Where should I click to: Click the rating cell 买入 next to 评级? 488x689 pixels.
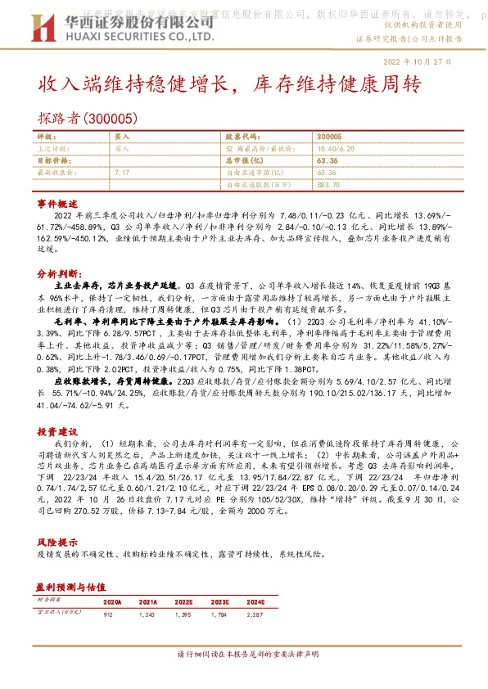[x=121, y=137]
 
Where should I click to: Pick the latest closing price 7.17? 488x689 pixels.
[x=122, y=173]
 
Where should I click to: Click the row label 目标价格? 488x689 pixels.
[x=54, y=161]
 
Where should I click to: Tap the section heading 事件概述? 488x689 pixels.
[x=56, y=201]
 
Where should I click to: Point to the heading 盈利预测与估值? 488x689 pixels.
[x=70, y=587]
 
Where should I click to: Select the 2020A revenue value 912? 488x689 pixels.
[x=110, y=613]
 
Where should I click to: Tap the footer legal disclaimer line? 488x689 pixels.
[x=244, y=655]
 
